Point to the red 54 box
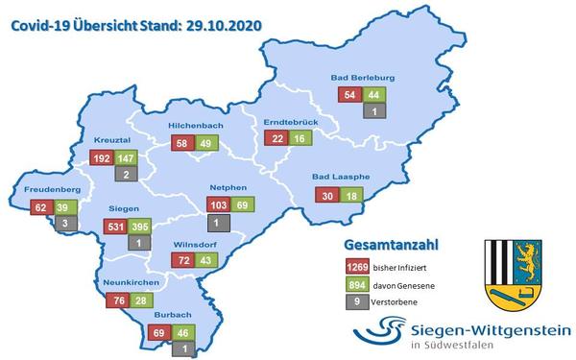[x=349, y=94]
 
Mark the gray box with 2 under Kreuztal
[x=128, y=175]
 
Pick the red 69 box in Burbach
[x=160, y=334]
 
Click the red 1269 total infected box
[x=357, y=265]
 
